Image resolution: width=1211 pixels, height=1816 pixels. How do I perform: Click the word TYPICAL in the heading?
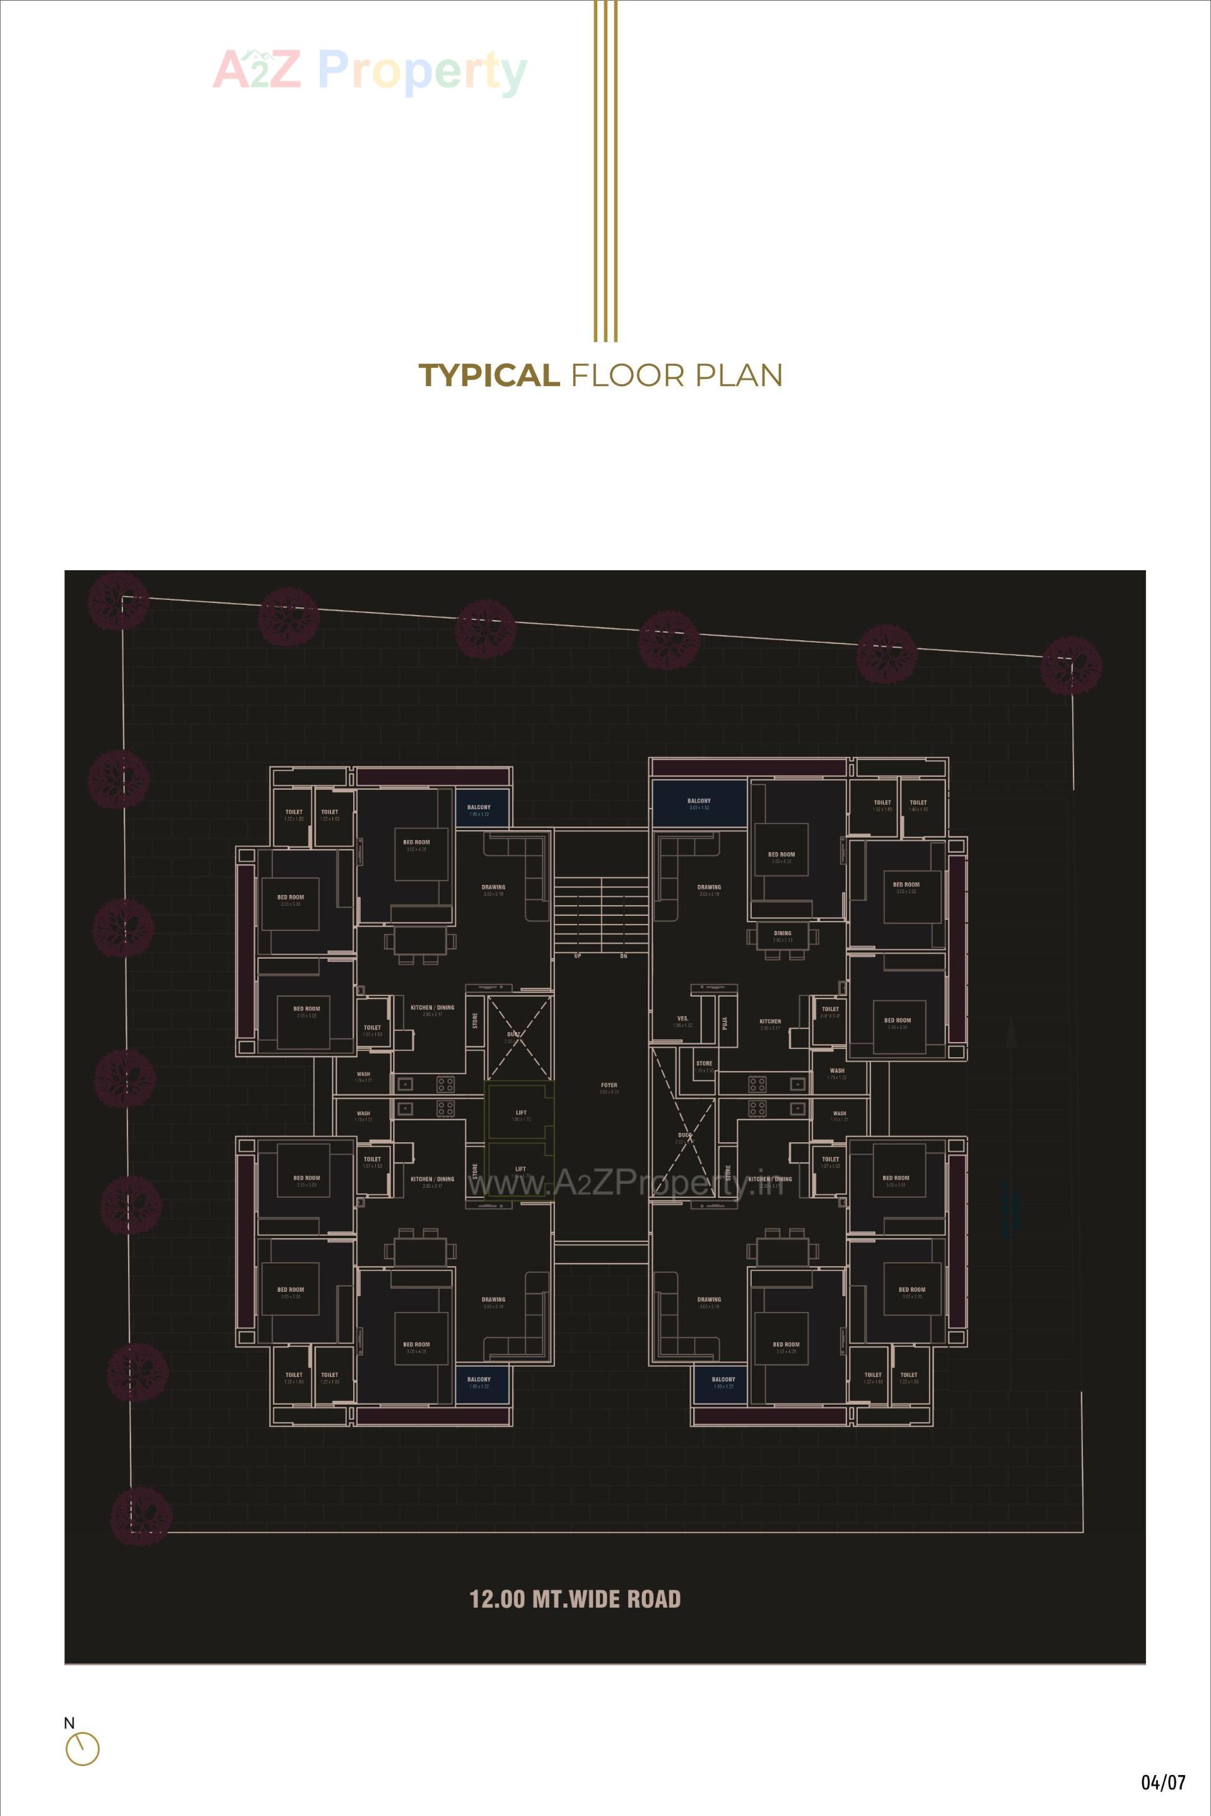point(489,375)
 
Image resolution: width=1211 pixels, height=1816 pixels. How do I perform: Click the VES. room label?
point(682,1018)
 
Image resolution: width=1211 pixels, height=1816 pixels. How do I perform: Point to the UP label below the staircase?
point(578,956)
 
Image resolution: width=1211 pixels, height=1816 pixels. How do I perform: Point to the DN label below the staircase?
point(623,956)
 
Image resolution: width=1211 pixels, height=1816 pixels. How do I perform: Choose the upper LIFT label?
point(522,1113)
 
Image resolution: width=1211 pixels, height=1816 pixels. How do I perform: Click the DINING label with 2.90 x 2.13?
point(782,933)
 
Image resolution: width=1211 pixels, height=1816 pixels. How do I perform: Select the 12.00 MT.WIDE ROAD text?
point(575,1599)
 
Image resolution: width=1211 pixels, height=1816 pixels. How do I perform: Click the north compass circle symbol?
point(83,1749)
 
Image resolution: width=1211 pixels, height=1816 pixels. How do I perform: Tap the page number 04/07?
point(1162,1782)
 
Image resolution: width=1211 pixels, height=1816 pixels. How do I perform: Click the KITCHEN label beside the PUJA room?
point(770,1021)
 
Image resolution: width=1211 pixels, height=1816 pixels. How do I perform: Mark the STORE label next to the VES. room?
point(705,1063)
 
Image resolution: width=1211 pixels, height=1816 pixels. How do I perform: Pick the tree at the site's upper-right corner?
point(1070,665)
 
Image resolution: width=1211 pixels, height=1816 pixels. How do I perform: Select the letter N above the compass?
point(69,1723)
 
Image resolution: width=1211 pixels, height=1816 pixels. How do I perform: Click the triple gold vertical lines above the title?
point(605,170)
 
